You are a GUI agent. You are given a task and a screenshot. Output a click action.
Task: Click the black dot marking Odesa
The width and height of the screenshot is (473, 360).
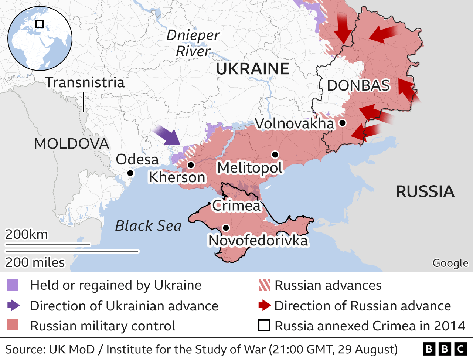[130, 173]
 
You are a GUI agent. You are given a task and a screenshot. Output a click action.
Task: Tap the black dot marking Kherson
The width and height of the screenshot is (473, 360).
[191, 165]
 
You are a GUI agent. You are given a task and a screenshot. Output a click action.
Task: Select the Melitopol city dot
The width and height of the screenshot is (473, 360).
[275, 154]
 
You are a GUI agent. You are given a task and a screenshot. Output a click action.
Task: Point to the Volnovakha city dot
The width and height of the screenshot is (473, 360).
[342, 123]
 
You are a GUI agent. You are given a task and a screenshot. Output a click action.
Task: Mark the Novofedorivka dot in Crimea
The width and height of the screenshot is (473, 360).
[226, 228]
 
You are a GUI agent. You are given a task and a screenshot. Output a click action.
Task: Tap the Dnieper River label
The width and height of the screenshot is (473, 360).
[193, 43]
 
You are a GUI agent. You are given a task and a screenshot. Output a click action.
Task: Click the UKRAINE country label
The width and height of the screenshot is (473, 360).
[252, 69]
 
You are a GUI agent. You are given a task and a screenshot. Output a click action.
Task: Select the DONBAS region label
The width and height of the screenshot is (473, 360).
[358, 85]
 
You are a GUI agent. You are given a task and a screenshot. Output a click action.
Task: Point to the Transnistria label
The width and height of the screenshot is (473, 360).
[85, 82]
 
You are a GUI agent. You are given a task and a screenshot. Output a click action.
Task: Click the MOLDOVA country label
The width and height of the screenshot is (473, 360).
[71, 144]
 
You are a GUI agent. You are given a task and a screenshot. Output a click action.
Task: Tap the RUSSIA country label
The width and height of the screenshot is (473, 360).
[425, 191]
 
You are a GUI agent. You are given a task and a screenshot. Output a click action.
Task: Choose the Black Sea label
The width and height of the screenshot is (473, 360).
[148, 225]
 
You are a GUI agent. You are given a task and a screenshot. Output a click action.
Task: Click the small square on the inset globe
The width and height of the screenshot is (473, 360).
[40, 24]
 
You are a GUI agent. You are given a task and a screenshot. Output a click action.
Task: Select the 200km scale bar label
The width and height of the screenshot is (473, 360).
[27, 234]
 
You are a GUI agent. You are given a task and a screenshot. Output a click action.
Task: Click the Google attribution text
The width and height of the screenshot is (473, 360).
[450, 263]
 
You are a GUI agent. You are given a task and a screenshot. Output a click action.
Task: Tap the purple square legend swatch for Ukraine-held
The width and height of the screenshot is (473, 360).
[13, 285]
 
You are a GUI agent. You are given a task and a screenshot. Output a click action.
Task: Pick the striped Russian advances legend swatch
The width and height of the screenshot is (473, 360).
[264, 285]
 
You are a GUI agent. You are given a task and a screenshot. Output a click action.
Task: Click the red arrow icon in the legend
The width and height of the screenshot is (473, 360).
[264, 306]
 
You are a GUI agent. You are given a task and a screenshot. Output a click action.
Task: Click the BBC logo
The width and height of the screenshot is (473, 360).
[445, 349]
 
